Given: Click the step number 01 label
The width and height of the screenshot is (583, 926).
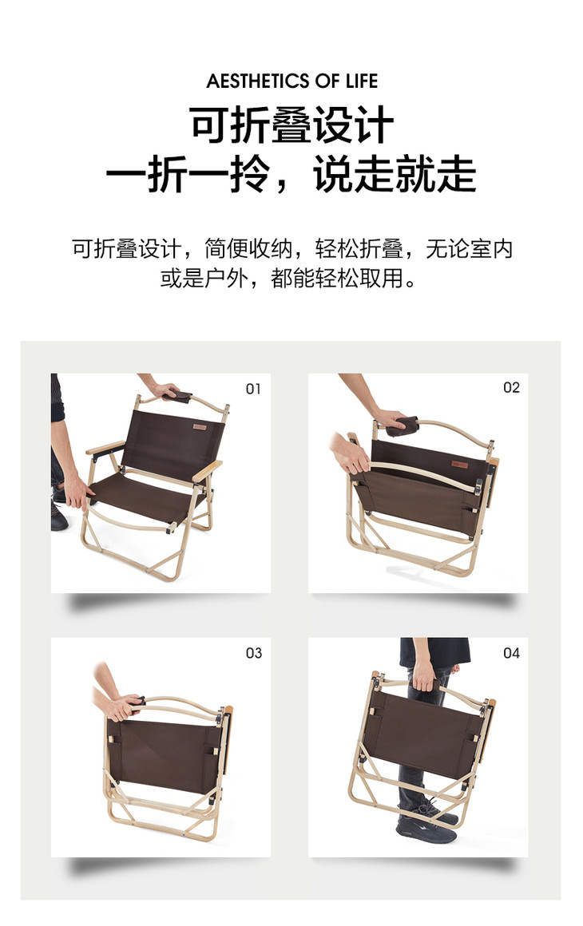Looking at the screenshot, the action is click(253, 389).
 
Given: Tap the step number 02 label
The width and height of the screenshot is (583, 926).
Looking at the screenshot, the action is click(511, 387).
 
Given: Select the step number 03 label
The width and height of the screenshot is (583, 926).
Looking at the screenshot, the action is click(253, 652).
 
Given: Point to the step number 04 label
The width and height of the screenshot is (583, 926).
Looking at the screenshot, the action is click(511, 652).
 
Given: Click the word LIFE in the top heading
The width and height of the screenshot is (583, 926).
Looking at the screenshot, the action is click(362, 81).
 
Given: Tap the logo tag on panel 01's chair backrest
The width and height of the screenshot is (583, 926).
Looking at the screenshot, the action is click(199, 427).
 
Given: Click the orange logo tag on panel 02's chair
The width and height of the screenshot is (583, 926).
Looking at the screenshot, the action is click(459, 465).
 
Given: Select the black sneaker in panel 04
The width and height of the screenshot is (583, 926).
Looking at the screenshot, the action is click(426, 827).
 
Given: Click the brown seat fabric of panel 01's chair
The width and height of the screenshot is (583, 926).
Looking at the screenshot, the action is click(148, 496).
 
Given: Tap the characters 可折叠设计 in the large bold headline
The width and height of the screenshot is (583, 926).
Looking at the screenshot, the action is click(291, 125).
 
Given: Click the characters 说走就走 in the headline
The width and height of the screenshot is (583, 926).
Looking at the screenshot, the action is click(395, 174).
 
